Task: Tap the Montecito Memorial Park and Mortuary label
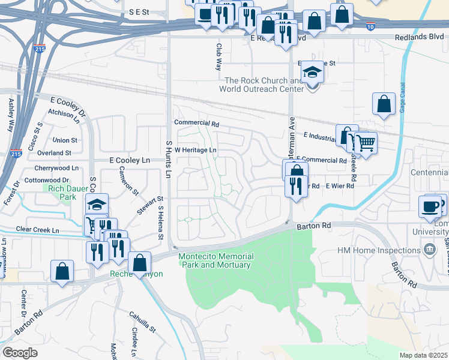point(215,260)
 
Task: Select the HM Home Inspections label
point(378,250)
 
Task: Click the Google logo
point(20,353)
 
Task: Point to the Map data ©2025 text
point(424,355)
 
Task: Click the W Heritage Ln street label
point(196,149)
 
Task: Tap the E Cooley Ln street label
point(129,160)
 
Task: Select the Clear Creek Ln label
point(38,229)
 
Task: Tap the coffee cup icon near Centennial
point(430,206)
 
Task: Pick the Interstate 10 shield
point(370,26)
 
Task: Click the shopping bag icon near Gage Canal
point(384,104)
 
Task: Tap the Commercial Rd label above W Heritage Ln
point(197,123)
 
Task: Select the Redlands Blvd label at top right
point(418,37)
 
